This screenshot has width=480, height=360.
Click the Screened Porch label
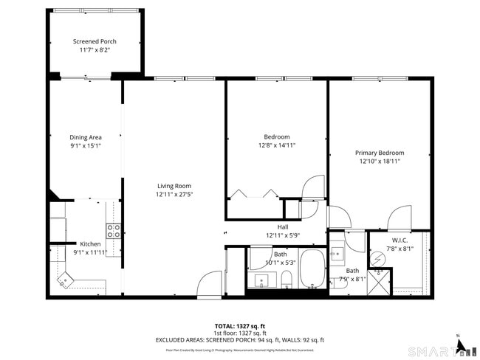point(95,41)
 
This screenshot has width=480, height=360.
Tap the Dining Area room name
point(85,137)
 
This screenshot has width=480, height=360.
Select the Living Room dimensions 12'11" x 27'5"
point(174,195)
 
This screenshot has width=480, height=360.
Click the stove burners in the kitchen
point(114,230)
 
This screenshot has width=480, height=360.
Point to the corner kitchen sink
point(65,280)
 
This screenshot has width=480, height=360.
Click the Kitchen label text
point(90,243)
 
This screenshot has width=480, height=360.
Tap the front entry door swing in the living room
point(210,284)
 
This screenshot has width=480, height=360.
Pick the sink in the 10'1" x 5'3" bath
point(261,280)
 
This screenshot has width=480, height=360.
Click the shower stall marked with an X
point(380,280)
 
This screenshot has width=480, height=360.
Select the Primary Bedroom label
point(380,153)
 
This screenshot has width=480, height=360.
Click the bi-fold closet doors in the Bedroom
point(254,194)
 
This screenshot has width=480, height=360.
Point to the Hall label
point(282,227)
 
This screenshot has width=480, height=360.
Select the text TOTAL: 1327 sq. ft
point(240,325)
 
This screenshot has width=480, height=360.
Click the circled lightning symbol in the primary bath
point(377,259)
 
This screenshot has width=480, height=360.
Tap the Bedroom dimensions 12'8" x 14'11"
point(277,145)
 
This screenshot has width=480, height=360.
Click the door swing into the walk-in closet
point(399,219)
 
